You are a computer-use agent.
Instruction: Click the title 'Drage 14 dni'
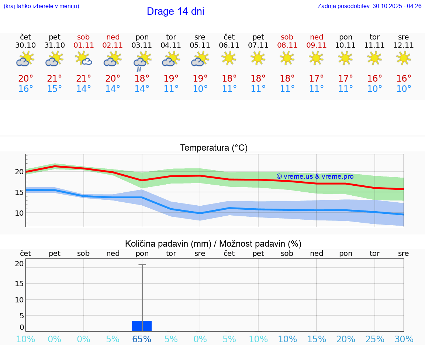[x=175, y=11]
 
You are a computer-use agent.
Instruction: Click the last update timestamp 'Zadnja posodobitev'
[x=369, y=6]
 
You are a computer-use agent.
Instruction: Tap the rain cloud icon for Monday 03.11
[x=142, y=61]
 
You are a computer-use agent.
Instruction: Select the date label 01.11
[x=83, y=45]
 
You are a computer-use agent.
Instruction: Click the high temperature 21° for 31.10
[x=55, y=79]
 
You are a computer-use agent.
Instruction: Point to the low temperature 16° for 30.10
[x=25, y=89]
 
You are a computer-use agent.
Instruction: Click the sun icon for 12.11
[x=404, y=58]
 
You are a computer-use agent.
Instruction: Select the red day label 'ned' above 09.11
[x=316, y=37]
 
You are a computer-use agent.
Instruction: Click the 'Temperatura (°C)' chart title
[x=214, y=148]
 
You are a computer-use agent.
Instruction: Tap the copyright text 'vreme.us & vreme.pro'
[x=315, y=176]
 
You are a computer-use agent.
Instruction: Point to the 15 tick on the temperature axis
[x=19, y=192]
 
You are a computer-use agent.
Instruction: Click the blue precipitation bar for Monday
[x=142, y=326]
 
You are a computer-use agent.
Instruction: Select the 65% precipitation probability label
[x=142, y=339]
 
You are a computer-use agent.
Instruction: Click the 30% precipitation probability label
[x=404, y=339]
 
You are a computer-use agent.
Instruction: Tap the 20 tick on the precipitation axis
[x=19, y=264]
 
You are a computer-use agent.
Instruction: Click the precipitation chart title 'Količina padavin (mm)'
[x=168, y=244]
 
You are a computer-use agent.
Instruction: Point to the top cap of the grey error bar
[x=142, y=265]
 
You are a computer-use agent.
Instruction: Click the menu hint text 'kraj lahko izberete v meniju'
[x=41, y=6]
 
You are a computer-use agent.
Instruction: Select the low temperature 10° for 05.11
[x=200, y=89]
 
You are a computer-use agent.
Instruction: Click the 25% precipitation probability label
[x=375, y=339]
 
